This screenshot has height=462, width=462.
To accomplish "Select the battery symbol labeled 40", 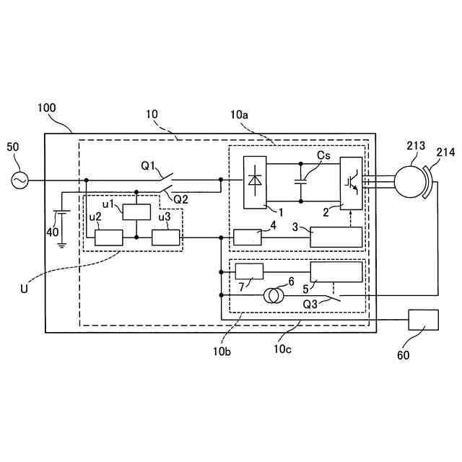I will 62,216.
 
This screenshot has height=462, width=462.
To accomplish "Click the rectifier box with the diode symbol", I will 254,182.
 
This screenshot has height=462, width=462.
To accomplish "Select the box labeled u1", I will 136,212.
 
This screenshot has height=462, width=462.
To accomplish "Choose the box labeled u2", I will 109,237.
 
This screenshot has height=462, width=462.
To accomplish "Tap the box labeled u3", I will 165,237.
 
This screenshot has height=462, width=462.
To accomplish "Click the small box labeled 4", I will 247,237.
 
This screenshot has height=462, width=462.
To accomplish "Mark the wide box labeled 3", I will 336,237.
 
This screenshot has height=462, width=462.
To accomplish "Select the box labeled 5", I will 336,272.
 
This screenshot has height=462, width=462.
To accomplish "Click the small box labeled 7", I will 250,272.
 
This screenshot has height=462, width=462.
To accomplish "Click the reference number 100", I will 46,108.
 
